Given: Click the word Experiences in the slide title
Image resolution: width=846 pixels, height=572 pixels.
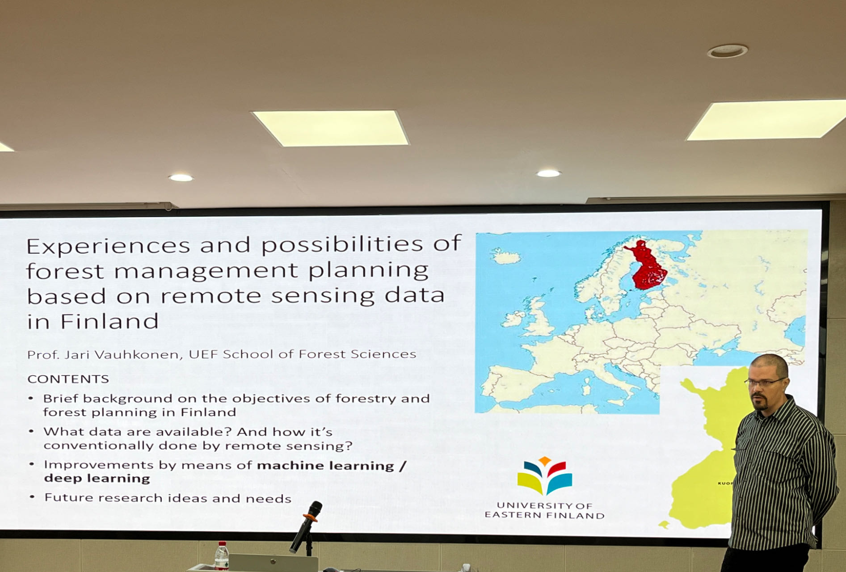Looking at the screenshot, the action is pyautogui.click(x=109, y=246).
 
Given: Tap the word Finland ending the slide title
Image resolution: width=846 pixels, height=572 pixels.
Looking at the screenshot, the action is pyautogui.click(x=109, y=321).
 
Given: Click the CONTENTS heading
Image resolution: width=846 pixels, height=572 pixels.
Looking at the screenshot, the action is pyautogui.click(x=68, y=379).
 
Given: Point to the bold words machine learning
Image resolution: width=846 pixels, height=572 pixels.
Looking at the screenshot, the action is pyautogui.click(x=325, y=466).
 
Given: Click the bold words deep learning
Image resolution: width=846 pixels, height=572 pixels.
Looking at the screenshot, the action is pyautogui.click(x=97, y=479).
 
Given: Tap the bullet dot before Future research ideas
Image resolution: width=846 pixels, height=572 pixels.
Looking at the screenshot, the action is pyautogui.click(x=32, y=497).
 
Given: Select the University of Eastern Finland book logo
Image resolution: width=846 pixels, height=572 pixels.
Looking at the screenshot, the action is pyautogui.click(x=544, y=475).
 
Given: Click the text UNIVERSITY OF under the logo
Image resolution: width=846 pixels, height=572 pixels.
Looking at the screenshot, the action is pyautogui.click(x=544, y=505).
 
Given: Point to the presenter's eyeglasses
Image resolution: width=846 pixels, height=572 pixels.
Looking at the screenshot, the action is pyautogui.click(x=765, y=383).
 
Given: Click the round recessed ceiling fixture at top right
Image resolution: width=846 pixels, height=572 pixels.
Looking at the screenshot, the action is pyautogui.click(x=727, y=51).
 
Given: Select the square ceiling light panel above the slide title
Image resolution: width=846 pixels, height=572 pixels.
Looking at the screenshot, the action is pyautogui.click(x=330, y=128).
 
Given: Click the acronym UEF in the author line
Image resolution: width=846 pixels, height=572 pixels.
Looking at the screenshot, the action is pyautogui.click(x=203, y=354).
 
